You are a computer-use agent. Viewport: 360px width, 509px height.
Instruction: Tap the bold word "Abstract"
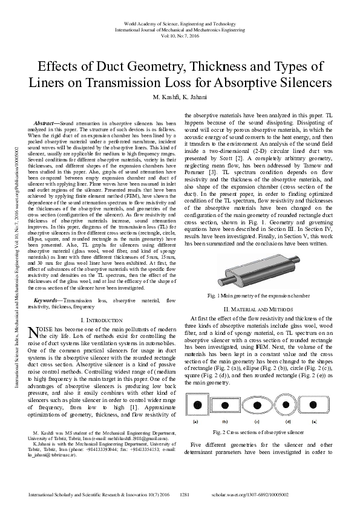coord(46,123)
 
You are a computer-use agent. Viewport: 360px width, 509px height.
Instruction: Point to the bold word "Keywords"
coord(48,300)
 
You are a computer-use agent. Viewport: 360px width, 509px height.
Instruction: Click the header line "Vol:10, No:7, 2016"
coord(180,35)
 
